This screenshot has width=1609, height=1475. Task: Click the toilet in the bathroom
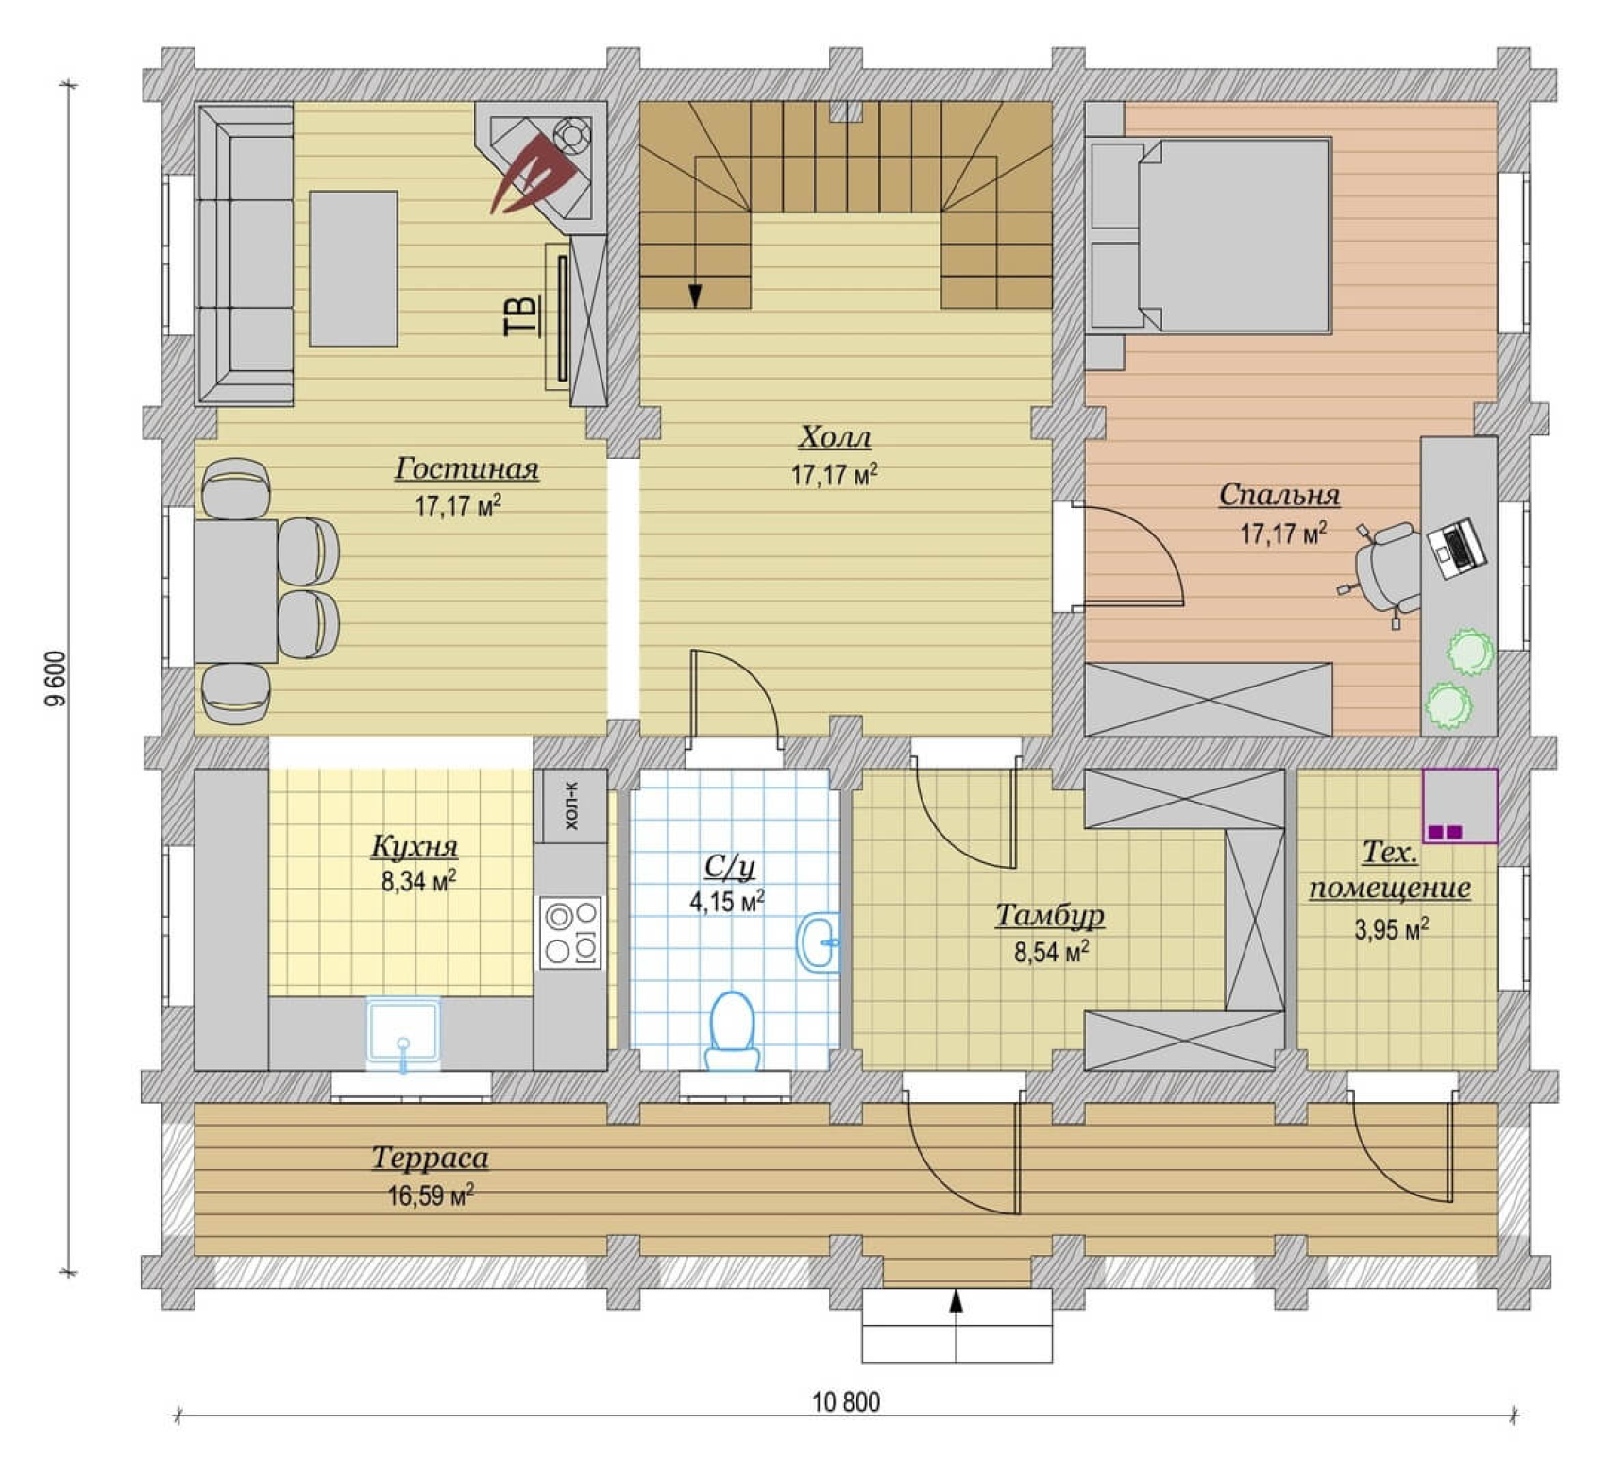[733, 1030]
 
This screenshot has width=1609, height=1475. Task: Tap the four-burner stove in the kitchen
[570, 932]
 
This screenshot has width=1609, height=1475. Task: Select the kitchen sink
[403, 1033]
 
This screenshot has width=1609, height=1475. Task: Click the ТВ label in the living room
[520, 314]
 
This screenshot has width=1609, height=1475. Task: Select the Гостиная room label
[466, 468]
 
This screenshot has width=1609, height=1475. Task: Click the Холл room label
[835, 437]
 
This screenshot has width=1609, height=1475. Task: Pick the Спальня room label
[1279, 495]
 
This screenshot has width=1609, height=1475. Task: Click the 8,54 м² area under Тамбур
[1051, 951]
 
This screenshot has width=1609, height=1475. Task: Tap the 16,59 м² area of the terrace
[431, 1195]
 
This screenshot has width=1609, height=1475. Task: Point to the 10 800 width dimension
[846, 1401]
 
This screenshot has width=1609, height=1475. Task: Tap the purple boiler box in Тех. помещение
[1460, 805]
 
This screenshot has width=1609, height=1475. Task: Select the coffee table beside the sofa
[353, 268]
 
